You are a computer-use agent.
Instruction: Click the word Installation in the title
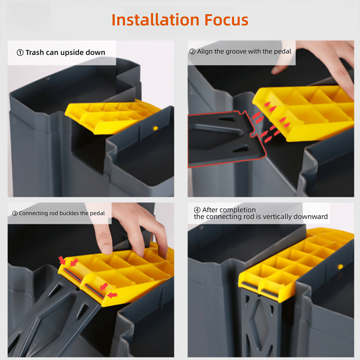click(155, 20)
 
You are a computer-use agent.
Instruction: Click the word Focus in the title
click(226, 20)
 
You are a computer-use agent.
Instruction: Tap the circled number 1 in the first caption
click(20, 53)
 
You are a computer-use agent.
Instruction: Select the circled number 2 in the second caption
click(192, 52)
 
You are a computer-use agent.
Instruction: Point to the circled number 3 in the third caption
click(15, 213)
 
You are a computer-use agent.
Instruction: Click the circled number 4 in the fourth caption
click(197, 210)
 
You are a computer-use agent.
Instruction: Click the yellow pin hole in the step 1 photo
click(155, 128)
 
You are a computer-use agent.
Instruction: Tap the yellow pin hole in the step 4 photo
click(340, 266)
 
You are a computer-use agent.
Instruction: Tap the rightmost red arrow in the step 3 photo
click(112, 295)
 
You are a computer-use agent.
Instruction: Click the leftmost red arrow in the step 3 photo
click(62, 261)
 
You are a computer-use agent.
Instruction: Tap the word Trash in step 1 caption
click(35, 53)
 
